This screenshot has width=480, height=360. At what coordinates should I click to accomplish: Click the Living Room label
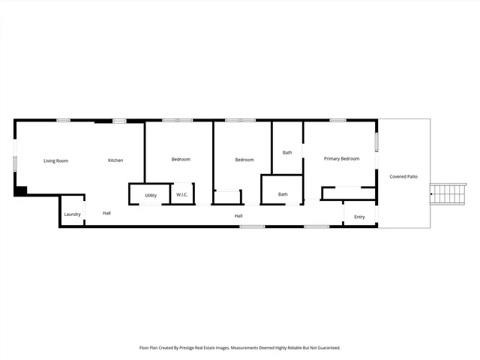pos(55,160)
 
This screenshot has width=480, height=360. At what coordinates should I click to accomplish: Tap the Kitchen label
pos(115,160)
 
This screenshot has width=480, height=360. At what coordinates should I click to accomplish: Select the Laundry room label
pos(72,214)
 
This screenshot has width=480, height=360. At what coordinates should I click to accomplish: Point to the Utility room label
pos(151,195)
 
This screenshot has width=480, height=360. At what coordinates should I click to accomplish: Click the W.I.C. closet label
pos(182,195)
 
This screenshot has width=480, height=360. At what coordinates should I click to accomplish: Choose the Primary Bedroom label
pos(341,158)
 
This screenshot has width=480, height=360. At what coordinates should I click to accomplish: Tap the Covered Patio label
pos(403,176)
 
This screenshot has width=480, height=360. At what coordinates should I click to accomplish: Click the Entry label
pos(360,217)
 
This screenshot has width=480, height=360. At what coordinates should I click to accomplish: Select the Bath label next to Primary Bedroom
pos(287,152)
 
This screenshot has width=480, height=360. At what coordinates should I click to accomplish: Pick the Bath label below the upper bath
pos(283,194)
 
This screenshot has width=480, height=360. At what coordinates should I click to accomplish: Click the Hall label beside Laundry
pos(107,213)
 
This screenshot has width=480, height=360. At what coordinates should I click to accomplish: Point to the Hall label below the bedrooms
pos(238,216)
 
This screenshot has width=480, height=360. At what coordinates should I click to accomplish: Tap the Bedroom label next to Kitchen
pos(181,159)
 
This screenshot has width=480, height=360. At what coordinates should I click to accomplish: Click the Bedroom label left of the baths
pos(244,160)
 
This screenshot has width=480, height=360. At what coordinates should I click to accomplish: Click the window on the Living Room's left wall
pos(15,163)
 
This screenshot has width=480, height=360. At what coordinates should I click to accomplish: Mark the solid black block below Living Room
pos(21,191)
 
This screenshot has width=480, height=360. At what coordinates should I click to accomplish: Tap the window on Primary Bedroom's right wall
pos(376,141)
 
